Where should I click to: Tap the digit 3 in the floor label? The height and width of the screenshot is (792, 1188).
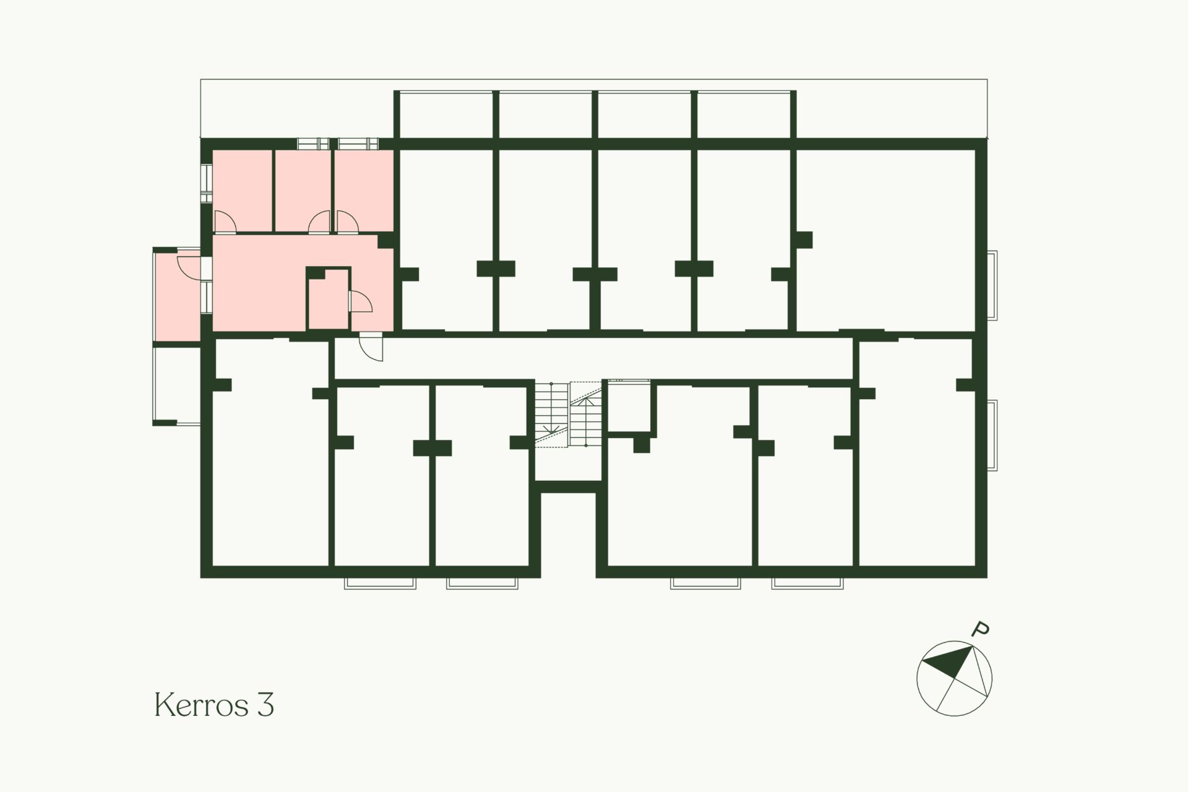[264, 705]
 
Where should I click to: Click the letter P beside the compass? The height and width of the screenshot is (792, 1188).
[980, 630]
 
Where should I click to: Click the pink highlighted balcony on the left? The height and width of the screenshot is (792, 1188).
[178, 297]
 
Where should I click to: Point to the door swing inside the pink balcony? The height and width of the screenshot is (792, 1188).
[189, 266]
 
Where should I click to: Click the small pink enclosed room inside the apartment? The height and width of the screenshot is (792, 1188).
[329, 301]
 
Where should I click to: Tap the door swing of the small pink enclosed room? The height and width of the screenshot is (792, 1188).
[360, 301]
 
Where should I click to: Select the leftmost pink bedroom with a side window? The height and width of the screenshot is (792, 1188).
[243, 191]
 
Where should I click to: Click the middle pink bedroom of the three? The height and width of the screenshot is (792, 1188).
[303, 191]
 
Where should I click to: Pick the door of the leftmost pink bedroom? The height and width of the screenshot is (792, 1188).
[224, 222]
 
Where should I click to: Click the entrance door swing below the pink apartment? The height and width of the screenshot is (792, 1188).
[371, 346]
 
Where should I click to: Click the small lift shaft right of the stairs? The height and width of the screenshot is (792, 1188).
[629, 405]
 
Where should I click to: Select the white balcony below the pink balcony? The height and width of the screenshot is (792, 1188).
[178, 384]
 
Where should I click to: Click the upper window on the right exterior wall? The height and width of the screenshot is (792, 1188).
[992, 285]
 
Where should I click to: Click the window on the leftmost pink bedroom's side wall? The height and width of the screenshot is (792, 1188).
[207, 183]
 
